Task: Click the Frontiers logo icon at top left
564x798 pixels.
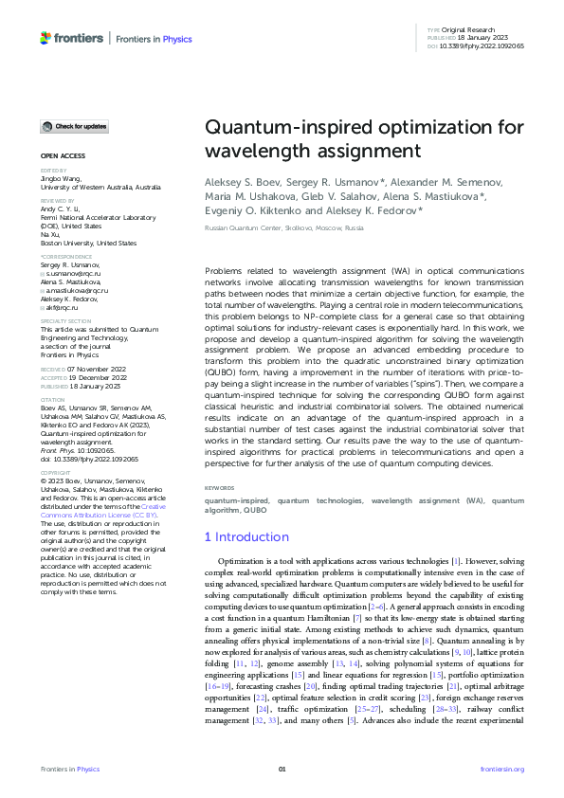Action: (45, 38)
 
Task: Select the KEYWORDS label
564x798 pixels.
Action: (220, 488)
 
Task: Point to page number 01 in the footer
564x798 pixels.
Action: (282, 769)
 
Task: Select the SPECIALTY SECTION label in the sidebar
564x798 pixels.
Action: (65, 321)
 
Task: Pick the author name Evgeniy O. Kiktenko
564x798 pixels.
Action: (251, 212)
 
